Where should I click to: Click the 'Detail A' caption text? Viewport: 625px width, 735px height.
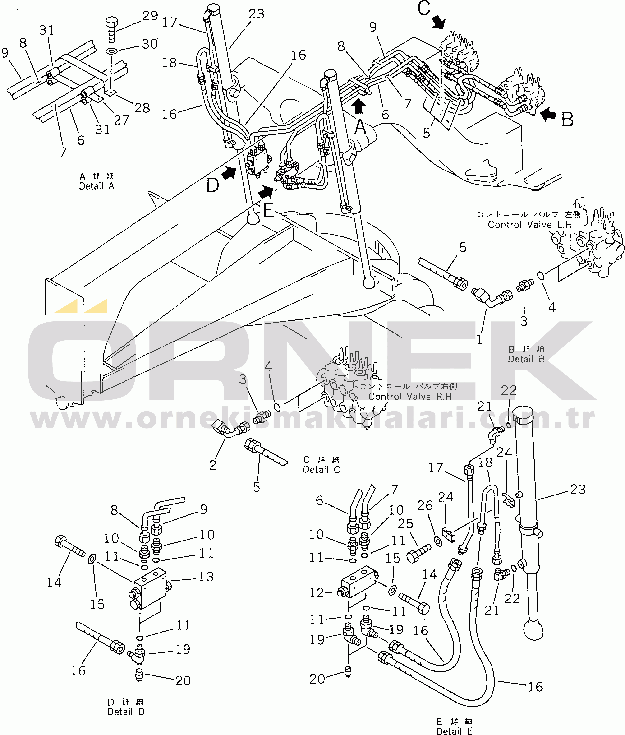point(96,186)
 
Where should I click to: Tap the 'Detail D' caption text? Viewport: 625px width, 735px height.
point(126,712)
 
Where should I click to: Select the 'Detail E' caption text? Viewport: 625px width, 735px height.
point(454,731)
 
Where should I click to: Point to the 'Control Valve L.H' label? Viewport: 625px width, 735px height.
point(530,224)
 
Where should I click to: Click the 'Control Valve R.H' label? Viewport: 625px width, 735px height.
point(410,396)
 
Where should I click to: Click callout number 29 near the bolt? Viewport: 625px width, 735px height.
point(150,16)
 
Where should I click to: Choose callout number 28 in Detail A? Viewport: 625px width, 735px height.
point(142,108)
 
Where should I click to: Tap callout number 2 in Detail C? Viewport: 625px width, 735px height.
point(213,465)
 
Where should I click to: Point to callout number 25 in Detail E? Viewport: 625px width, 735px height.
point(405,523)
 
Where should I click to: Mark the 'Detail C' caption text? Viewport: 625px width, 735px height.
point(321,470)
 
